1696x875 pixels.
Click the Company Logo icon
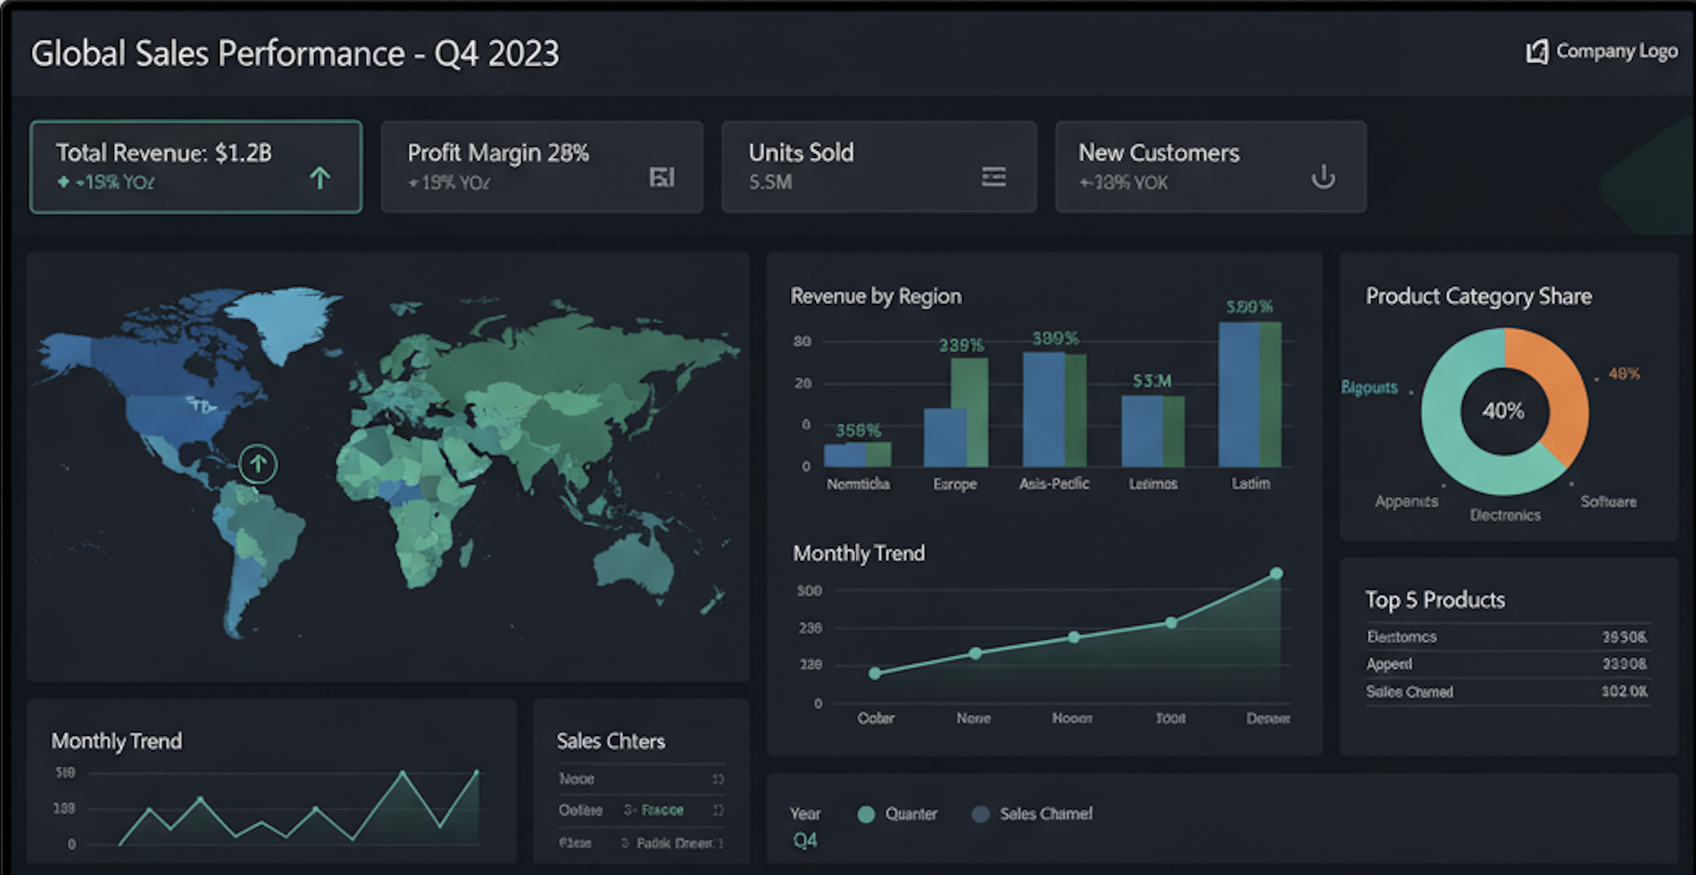pyautogui.click(x=1537, y=52)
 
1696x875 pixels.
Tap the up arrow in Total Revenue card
pyautogui.click(x=320, y=178)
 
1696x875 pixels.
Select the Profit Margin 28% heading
pyautogui.click(x=498, y=152)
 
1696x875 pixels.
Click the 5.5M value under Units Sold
pyautogui.click(x=770, y=182)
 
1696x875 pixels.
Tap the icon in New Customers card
pyautogui.click(x=1322, y=177)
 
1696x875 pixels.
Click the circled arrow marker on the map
pyautogui.click(x=258, y=464)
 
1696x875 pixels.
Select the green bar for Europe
pyautogui.click(x=969, y=412)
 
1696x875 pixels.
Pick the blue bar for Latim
pyautogui.click(x=1238, y=395)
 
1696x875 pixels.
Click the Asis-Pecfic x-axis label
pyautogui.click(x=1053, y=484)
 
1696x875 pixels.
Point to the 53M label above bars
pyautogui.click(x=1152, y=380)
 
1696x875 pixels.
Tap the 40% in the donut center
pyautogui.click(x=1503, y=411)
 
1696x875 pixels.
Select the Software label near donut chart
pyautogui.click(x=1608, y=502)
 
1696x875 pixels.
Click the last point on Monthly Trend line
pyautogui.click(x=1276, y=573)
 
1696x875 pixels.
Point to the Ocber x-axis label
pyautogui.click(x=875, y=718)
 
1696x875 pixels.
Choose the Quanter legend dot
pyautogui.click(x=865, y=814)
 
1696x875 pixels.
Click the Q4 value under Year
pyautogui.click(x=804, y=841)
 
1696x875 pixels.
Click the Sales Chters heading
pyautogui.click(x=610, y=741)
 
